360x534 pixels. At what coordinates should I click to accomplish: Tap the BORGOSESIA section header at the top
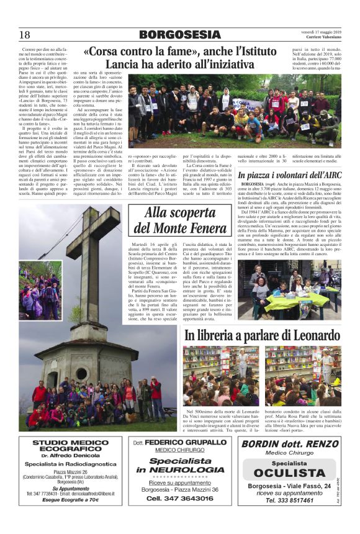[x=179, y=35]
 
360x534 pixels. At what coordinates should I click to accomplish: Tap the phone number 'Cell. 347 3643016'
[x=180, y=498]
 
